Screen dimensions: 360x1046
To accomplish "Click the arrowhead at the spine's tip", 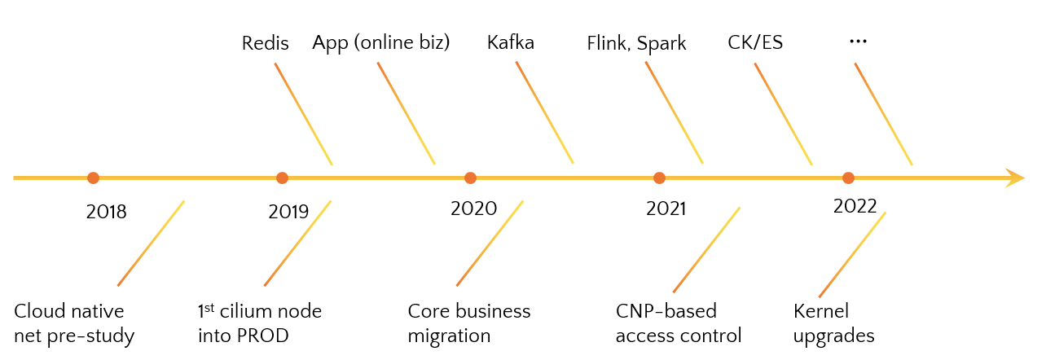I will tap(1016, 178).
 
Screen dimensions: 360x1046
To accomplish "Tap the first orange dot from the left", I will tap(93, 178).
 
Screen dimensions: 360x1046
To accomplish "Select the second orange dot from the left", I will tap(282, 178).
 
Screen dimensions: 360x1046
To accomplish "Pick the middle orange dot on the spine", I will tap(470, 178).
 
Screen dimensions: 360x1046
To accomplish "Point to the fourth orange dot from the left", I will tap(659, 178).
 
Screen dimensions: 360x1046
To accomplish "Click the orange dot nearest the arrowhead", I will tap(848, 178).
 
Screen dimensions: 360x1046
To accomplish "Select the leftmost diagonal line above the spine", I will tap(303, 113).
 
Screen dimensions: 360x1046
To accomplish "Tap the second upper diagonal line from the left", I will tap(406, 112).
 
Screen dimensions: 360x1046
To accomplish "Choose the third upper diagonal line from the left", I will tap(544, 112).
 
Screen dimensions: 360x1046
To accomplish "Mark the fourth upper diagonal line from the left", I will tap(674, 112).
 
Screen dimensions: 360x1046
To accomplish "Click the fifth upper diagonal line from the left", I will tap(783, 113).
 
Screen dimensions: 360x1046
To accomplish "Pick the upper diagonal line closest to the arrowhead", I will tap(883, 113).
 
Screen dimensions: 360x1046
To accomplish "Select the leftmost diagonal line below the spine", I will tap(151, 243).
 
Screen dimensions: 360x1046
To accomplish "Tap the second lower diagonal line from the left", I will tap(297, 243).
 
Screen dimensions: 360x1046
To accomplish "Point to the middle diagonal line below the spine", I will tap(490, 243).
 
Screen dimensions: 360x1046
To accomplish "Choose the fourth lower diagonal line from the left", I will tap(706, 249).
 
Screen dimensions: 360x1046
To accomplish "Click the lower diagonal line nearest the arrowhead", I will tap(852, 254).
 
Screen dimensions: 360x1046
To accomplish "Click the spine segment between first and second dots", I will tap(187, 178).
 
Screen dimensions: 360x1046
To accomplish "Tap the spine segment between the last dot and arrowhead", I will tap(929, 178).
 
